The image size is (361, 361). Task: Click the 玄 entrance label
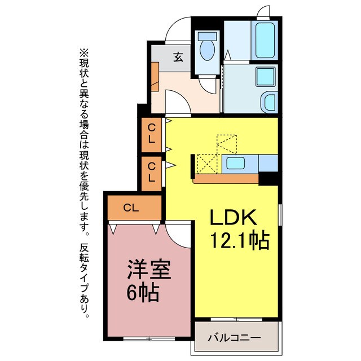coord(178,56)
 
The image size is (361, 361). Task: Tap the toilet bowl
coord(207,48)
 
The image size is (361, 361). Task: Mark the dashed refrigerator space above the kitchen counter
coord(227,143)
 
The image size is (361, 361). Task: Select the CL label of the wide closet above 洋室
coord(131,208)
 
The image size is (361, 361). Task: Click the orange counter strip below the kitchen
coord(226,179)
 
